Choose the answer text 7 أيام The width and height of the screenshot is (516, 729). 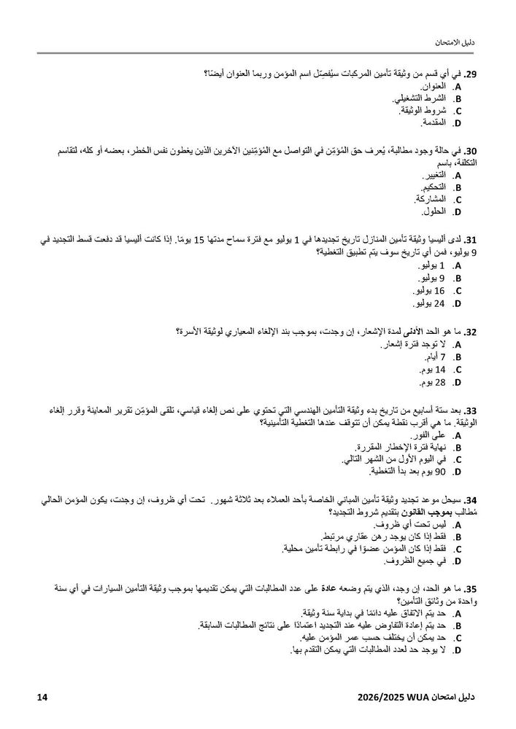(x=431, y=357)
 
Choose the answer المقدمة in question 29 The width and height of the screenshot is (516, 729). (x=427, y=122)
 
